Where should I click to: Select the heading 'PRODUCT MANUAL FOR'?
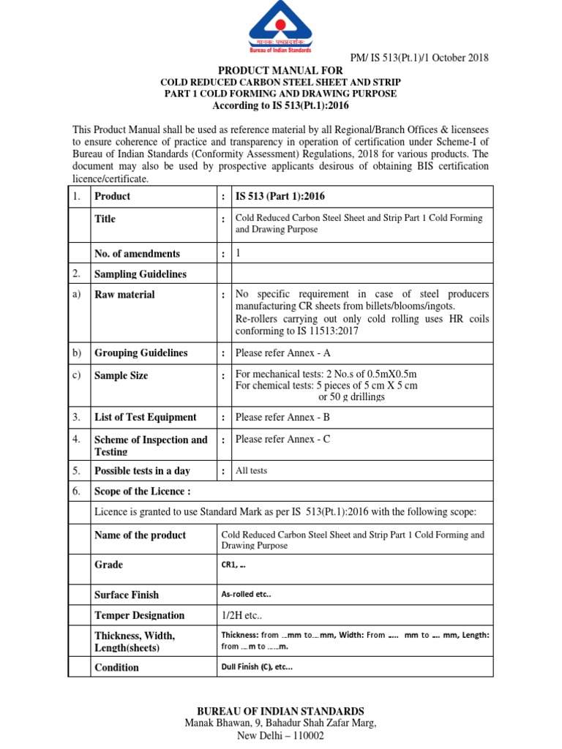tap(280, 69)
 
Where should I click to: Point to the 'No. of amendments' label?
tap(137, 254)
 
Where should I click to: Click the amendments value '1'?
tap(238, 253)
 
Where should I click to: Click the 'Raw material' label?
tap(124, 294)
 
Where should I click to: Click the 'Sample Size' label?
tap(121, 375)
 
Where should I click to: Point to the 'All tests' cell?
tap(251, 470)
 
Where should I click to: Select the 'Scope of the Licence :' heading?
tap(143, 492)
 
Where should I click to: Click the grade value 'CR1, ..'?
tap(233, 565)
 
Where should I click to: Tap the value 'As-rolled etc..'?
tap(251, 595)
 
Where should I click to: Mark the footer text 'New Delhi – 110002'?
tap(280, 737)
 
